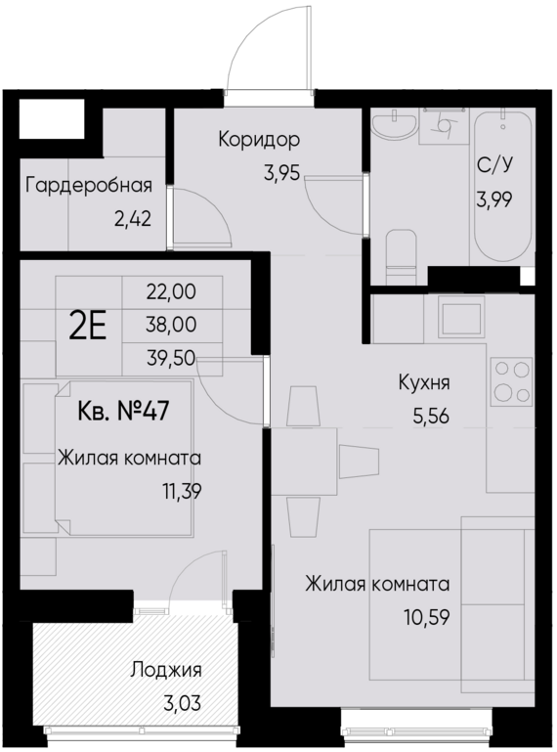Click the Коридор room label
pos(259,140)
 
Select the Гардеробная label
pos(89,185)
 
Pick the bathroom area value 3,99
pos(493,199)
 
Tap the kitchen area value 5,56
pos(430,415)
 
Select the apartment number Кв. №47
pos(123,409)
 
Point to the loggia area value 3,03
pos(176,702)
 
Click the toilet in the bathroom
pos(401,251)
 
